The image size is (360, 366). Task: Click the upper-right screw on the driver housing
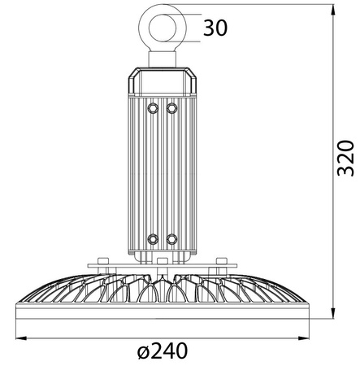point(171,107)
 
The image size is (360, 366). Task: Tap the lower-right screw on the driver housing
point(171,238)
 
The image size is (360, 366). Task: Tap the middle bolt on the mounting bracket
point(162,261)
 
